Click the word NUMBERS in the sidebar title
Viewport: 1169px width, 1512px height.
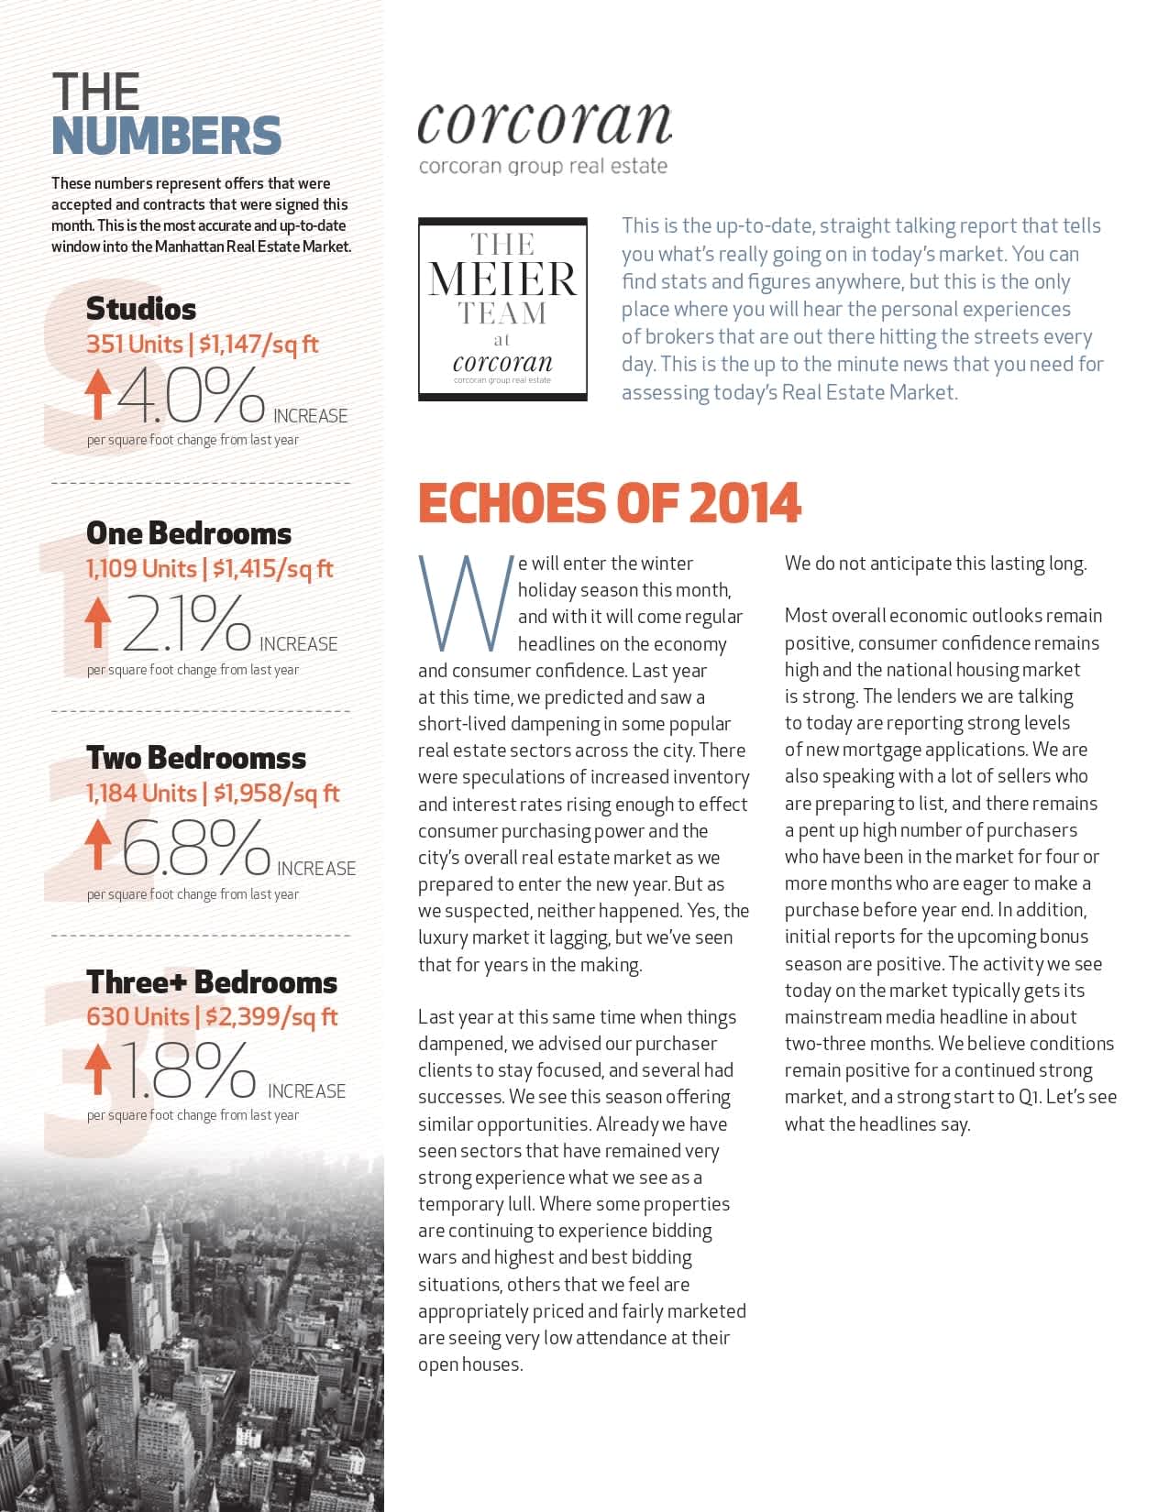[166, 136]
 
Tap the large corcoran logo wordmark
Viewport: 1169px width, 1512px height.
[544, 123]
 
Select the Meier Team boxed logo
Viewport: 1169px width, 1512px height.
[502, 309]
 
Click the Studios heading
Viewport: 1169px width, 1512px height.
[141, 309]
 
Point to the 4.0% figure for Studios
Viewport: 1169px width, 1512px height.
[191, 396]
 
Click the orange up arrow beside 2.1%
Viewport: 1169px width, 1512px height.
[97, 622]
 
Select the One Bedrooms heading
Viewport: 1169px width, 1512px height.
[189, 533]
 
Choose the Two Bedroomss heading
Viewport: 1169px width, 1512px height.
[196, 758]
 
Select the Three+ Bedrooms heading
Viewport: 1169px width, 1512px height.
[212, 982]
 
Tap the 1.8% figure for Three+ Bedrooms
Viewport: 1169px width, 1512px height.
[189, 1069]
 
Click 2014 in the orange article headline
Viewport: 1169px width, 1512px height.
[744, 503]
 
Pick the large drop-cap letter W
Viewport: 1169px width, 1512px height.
[465, 602]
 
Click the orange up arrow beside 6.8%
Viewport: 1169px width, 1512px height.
[97, 844]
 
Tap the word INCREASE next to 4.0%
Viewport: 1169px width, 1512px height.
[310, 416]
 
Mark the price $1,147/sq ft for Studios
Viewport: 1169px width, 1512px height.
[259, 345]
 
